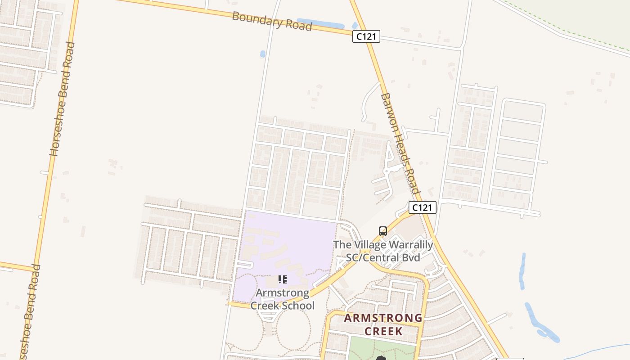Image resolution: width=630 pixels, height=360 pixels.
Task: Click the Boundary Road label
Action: coord(272,21)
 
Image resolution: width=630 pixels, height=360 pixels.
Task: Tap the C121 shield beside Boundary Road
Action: coord(366,36)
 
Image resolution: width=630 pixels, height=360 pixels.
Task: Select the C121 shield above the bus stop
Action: coord(422,207)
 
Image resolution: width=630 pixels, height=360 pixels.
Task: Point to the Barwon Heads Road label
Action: coord(400,143)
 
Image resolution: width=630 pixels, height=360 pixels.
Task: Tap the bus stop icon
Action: coord(383,231)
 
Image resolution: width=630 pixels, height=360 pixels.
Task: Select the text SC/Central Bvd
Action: coord(382,258)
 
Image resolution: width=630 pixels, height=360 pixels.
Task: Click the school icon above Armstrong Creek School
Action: coord(282,279)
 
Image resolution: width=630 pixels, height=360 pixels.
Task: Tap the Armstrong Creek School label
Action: coord(282,299)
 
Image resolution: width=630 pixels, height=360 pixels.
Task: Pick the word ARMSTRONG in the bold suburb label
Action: coord(383,319)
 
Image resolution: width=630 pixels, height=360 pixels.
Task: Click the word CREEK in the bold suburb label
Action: coord(383,332)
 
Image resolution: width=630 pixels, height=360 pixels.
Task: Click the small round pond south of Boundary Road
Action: coord(263,54)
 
